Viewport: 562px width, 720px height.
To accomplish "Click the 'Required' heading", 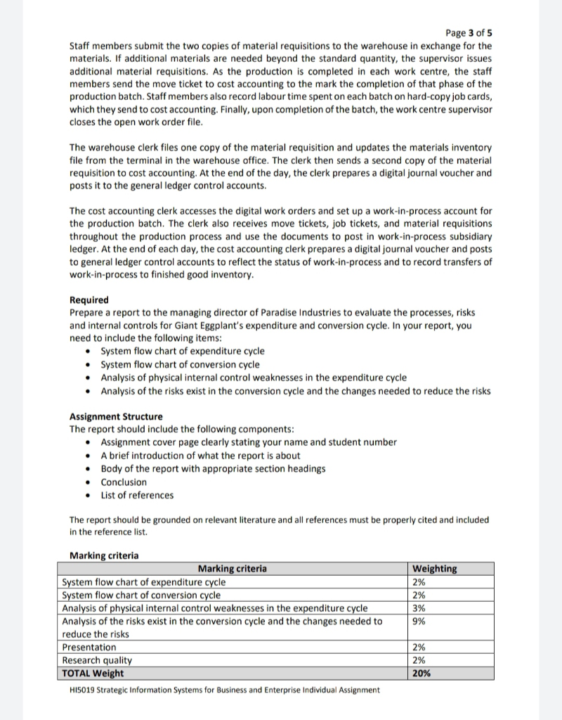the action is (89, 300).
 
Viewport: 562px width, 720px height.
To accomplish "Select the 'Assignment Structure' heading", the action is (116, 416).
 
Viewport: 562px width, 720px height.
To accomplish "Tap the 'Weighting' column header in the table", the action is (435, 568).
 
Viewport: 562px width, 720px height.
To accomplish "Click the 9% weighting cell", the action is (420, 621).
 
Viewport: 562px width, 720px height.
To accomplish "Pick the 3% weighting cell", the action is (420, 608).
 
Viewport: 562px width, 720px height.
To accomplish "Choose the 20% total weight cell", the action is (423, 673).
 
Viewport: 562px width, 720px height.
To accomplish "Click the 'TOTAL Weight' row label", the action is (93, 673).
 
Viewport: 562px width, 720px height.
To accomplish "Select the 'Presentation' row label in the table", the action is (89, 647).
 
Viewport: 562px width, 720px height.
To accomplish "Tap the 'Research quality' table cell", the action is (97, 660).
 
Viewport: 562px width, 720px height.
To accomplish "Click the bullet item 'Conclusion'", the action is (124, 482).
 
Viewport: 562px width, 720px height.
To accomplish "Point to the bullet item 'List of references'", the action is (137, 495).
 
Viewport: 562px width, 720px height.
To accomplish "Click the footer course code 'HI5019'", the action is (85, 690).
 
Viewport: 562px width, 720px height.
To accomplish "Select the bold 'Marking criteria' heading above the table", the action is (104, 555).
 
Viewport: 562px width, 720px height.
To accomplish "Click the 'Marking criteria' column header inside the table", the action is (233, 568).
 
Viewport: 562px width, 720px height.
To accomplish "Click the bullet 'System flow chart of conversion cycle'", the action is (180, 364).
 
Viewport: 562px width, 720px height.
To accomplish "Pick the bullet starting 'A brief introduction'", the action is (200, 456).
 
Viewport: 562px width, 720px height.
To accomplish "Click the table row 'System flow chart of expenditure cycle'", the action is (144, 582).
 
